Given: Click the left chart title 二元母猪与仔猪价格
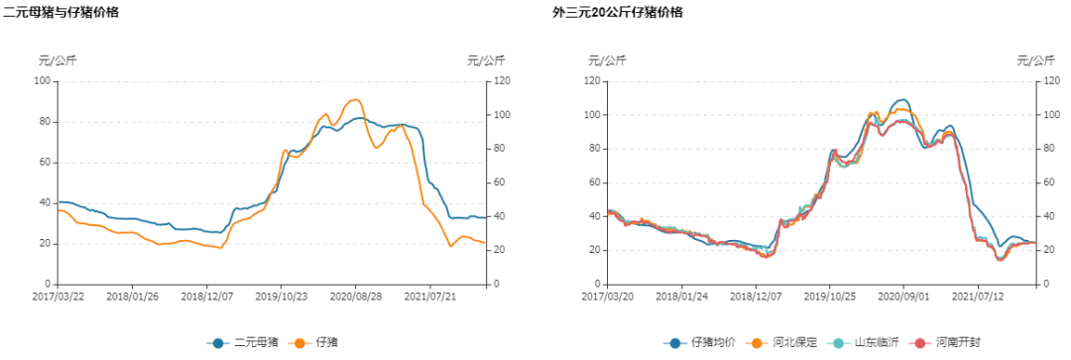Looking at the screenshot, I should (61, 12).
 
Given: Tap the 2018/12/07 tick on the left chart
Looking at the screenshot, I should (206, 295).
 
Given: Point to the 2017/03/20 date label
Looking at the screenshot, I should (606, 295).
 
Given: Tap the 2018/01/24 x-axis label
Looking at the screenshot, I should (679, 295).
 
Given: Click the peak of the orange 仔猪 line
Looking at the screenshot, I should (355, 99).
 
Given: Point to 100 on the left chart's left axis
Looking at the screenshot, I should (43, 80).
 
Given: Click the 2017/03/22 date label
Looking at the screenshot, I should (58, 295).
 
